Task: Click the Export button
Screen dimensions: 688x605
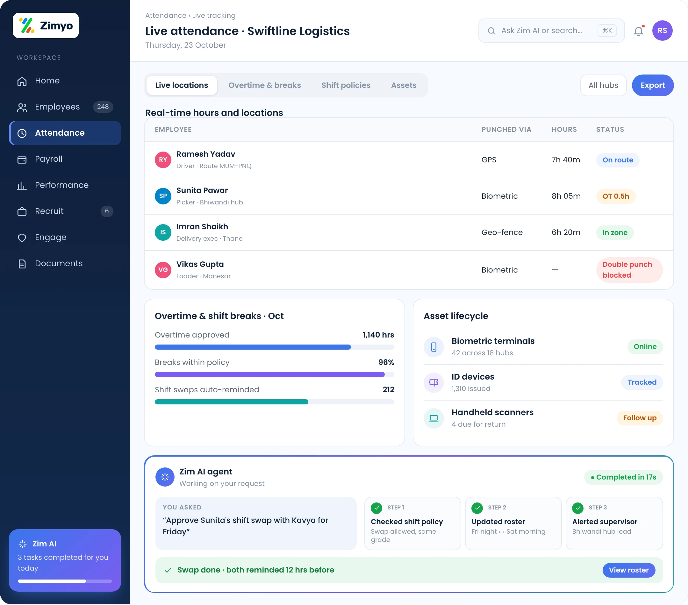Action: tap(652, 85)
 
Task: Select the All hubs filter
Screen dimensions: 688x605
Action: tap(603, 85)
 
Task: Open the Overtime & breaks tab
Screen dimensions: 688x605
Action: tap(265, 85)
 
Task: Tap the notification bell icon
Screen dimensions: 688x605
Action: tap(639, 31)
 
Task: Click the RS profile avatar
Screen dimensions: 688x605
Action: tap(662, 31)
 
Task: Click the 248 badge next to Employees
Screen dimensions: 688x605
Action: tap(103, 107)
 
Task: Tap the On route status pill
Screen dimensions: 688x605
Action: tap(618, 160)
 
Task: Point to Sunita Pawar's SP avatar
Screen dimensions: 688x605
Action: tap(163, 196)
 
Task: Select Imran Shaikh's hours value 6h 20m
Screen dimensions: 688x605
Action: tap(566, 232)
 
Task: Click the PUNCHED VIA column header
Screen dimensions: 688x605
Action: tap(506, 130)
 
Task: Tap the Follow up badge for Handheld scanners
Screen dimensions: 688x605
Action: tap(640, 418)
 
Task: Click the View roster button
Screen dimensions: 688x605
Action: tap(628, 570)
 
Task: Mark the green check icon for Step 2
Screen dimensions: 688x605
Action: tap(477, 508)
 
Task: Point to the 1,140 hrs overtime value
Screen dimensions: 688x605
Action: tap(378, 335)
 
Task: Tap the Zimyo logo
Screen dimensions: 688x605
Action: tap(46, 25)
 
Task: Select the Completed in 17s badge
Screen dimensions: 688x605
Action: tap(623, 477)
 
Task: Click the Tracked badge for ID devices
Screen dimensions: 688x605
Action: tap(642, 382)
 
